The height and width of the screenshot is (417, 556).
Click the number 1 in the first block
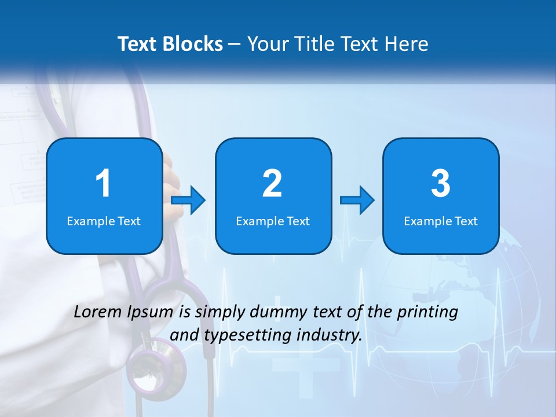coord(103,184)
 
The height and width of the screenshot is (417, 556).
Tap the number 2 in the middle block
coord(272,184)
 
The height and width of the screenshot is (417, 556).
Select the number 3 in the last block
coord(441,184)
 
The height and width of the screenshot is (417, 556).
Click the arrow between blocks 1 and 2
coord(189,200)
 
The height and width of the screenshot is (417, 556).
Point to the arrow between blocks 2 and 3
coord(357,200)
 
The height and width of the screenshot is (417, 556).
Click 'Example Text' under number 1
coord(104,221)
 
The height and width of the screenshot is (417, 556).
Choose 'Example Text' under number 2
coord(273,221)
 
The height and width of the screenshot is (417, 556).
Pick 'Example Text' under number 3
coord(441,221)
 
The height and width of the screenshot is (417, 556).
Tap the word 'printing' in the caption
coord(427,312)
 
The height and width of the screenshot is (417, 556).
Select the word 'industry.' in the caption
coord(329,335)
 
